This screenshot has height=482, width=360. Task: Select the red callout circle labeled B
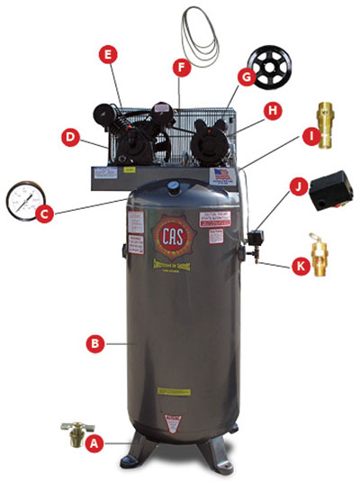(x=90, y=342)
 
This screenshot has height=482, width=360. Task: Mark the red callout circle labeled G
(x=244, y=77)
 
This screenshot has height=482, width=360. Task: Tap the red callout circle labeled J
(x=297, y=186)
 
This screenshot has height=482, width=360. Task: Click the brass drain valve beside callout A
(x=69, y=432)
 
